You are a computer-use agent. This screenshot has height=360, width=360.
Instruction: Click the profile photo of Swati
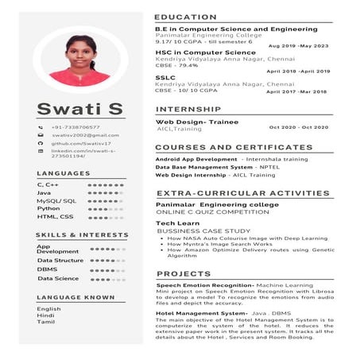click(x=79, y=61)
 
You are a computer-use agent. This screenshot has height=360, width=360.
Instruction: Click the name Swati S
click(x=79, y=108)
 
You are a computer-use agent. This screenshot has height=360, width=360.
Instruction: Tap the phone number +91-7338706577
click(x=75, y=127)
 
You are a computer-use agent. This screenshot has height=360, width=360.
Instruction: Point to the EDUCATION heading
click(x=185, y=17)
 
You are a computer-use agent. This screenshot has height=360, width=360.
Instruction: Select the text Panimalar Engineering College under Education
click(x=208, y=35)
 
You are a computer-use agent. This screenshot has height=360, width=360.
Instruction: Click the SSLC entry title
click(x=165, y=77)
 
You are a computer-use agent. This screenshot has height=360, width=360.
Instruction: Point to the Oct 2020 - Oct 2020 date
click(x=298, y=127)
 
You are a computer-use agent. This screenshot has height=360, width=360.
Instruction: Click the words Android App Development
click(x=188, y=159)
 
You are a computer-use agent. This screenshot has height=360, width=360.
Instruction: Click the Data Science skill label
click(x=58, y=278)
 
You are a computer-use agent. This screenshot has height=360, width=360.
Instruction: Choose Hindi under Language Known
click(x=45, y=315)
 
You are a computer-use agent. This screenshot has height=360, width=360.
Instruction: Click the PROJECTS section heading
click(x=184, y=273)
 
